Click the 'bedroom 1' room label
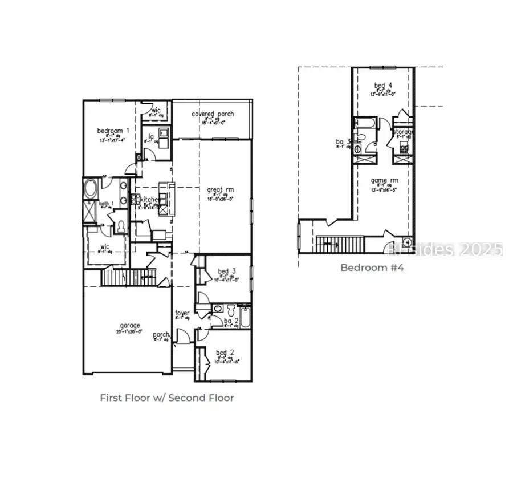(113, 131)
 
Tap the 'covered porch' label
(212, 114)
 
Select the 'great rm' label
(221, 190)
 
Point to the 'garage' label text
(130, 326)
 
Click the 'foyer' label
(182, 313)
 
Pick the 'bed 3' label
(223, 271)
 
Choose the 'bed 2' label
(222, 352)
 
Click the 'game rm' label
(382, 180)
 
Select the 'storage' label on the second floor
(403, 132)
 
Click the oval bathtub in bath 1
(91, 188)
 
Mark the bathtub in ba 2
(245, 317)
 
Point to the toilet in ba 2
(230, 310)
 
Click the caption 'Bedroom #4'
(372, 267)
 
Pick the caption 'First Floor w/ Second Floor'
(167, 398)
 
